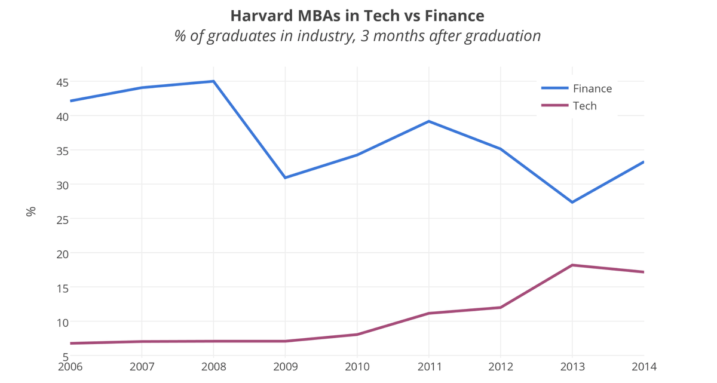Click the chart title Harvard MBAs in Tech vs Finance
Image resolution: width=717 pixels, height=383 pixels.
(357, 14)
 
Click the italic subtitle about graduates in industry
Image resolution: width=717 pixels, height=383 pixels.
(357, 36)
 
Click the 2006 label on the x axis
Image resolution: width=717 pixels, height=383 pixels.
(71, 366)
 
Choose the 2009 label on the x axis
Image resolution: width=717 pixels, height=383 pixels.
(286, 366)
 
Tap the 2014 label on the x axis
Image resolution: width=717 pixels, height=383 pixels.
(644, 366)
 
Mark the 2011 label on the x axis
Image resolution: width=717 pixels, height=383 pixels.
(429, 366)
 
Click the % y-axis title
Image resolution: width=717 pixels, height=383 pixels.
(31, 211)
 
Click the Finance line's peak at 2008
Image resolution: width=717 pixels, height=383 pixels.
(213, 81)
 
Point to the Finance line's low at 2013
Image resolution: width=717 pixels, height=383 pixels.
(572, 202)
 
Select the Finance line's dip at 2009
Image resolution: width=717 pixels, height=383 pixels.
(286, 177)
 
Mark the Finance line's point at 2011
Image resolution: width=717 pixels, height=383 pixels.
(429, 121)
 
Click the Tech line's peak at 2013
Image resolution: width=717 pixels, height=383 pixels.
(572, 265)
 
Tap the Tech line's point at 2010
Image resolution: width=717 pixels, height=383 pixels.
(357, 334)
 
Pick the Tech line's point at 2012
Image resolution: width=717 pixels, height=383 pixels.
(501, 307)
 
